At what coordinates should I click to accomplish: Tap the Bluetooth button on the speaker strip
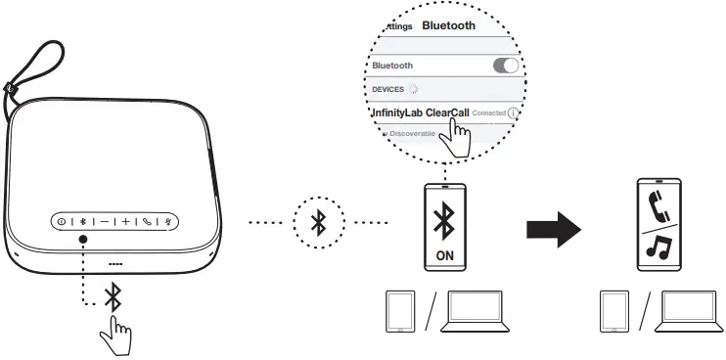(83, 222)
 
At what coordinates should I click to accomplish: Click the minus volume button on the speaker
(104, 222)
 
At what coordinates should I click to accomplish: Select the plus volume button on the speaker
(126, 222)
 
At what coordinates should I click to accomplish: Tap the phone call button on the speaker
(148, 222)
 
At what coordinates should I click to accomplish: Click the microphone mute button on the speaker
(168, 222)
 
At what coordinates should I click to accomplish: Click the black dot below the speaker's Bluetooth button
(83, 241)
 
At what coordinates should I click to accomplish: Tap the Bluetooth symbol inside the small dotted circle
(317, 222)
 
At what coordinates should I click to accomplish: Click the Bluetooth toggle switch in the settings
(505, 65)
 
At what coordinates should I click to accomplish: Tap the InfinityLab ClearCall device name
(419, 113)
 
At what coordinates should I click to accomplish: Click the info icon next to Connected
(514, 113)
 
